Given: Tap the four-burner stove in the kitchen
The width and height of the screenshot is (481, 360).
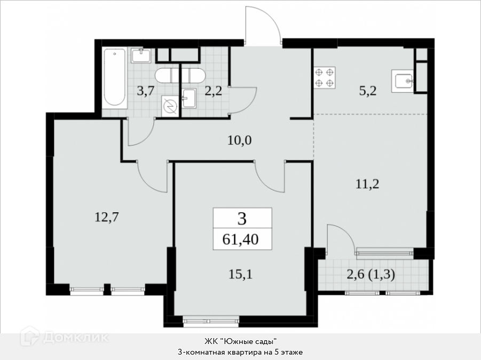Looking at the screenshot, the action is (x=325, y=78).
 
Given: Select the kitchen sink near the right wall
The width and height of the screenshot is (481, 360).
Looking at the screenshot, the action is (x=403, y=81).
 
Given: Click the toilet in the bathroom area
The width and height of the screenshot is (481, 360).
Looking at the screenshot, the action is (x=179, y=75).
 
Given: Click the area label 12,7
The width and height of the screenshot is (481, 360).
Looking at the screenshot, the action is (x=106, y=217).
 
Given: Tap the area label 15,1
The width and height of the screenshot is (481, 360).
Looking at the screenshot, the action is (x=240, y=274).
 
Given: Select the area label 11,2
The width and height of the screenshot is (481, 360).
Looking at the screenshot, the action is (x=367, y=184).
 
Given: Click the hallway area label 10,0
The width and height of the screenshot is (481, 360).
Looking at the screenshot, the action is (x=240, y=140).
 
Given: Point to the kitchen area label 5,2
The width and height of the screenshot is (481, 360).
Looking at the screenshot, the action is (x=367, y=91).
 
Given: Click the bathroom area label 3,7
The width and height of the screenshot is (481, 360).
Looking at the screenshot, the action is (x=145, y=91).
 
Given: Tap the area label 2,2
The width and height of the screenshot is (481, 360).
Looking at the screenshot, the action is (x=213, y=91).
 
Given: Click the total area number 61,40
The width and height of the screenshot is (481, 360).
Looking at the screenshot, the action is (x=240, y=239).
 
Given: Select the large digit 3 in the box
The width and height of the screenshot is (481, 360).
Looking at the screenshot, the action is (x=242, y=219).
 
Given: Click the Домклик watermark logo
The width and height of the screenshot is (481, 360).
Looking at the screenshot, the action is (x=65, y=337).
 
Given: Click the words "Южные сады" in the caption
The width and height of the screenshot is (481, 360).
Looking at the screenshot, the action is (x=249, y=341).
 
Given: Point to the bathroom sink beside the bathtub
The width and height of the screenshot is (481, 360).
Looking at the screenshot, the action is (x=141, y=55).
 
